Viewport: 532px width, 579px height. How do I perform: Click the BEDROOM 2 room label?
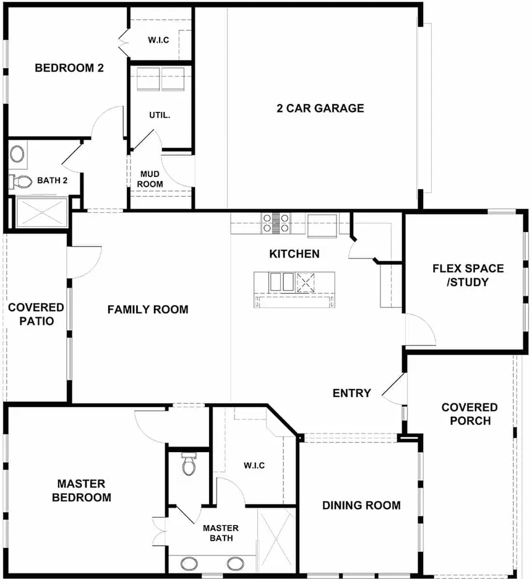[x=69, y=68]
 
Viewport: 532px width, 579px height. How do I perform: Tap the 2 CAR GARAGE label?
[x=320, y=108]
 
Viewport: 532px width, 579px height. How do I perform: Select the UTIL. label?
[x=160, y=115]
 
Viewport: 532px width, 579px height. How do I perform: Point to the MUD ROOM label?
[x=150, y=179]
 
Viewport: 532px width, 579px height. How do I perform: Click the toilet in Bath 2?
[x=20, y=181]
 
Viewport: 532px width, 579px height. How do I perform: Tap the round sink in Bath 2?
[x=17, y=153]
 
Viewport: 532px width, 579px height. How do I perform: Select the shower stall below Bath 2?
[x=41, y=213]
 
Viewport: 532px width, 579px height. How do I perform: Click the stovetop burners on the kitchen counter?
[x=275, y=223]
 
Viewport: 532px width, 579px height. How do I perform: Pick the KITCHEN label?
[x=294, y=254]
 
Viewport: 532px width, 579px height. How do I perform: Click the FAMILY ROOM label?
[x=148, y=309]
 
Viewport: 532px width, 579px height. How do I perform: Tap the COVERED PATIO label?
[x=36, y=314]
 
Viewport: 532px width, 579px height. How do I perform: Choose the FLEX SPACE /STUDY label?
[x=468, y=275]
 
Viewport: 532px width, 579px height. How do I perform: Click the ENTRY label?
[x=351, y=393]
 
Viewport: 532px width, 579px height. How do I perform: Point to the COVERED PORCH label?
[x=470, y=414]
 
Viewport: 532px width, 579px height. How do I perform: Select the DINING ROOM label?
[x=361, y=505]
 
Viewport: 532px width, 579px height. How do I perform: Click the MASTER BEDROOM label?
[x=81, y=491]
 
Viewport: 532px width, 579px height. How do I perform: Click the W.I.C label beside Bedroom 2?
[x=158, y=40]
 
